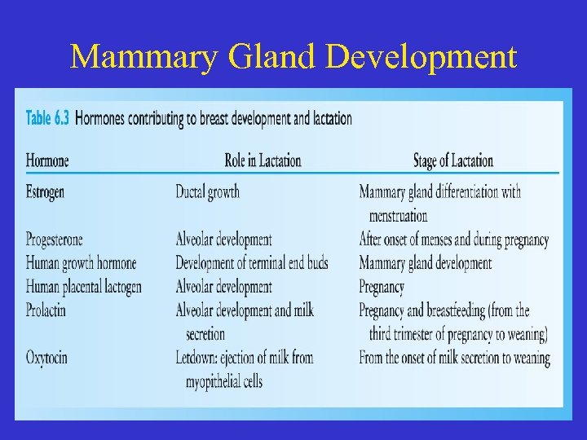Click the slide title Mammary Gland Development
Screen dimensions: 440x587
293,57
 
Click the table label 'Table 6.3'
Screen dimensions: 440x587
48,119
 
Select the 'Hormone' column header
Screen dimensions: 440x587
47,161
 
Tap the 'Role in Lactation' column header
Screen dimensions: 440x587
263,161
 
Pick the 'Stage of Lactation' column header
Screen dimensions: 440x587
452,161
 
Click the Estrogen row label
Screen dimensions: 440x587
45,192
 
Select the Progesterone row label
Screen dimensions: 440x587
54,240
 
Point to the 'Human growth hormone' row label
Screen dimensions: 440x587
81,263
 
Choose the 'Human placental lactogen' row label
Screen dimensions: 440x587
83,287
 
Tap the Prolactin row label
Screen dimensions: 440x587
46,310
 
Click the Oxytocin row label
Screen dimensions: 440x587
46,358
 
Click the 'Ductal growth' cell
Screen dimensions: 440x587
207,192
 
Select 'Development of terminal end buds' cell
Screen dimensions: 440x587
251,263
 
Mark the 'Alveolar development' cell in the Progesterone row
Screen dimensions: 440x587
223,240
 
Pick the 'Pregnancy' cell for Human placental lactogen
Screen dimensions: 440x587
382,287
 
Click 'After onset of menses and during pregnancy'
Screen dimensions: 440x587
453,240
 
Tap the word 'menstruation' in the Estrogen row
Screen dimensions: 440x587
398,216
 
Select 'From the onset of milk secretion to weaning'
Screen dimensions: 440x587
454,358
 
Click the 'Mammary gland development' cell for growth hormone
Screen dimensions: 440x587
425,263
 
